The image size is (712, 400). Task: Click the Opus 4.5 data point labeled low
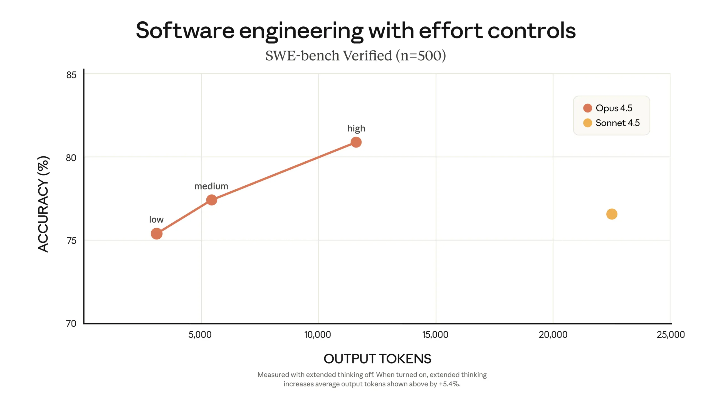click(157, 234)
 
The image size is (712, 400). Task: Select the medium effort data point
click(212, 200)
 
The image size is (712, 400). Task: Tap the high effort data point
click(356, 142)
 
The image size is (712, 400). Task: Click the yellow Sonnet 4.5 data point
click(612, 214)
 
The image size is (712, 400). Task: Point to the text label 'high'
click(356, 129)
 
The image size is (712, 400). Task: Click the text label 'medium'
click(211, 186)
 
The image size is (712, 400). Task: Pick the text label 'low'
click(156, 219)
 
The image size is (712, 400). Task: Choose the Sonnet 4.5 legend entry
click(612, 123)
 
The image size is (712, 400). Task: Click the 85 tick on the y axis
click(71, 75)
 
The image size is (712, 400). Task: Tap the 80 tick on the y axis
click(71, 158)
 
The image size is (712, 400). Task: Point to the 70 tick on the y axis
click(71, 324)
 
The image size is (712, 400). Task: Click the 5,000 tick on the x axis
click(200, 335)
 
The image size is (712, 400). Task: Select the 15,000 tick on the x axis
click(435, 335)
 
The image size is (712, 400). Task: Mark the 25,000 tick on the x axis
click(671, 335)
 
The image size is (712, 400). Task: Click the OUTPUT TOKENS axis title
click(377, 359)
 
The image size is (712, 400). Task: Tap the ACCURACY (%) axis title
click(43, 204)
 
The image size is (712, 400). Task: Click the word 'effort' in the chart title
click(451, 31)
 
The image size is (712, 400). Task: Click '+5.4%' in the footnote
click(449, 384)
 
